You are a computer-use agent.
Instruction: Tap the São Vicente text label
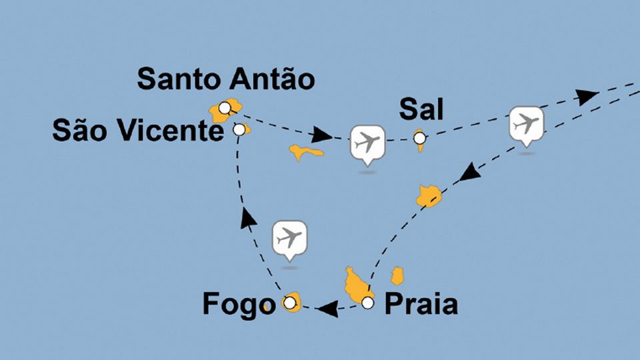click(137, 131)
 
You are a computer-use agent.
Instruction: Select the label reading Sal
click(421, 110)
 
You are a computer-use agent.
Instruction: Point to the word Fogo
click(238, 305)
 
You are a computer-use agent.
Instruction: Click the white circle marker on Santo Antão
click(225, 107)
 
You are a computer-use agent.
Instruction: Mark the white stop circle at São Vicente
click(239, 130)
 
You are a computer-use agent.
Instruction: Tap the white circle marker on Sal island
click(419, 139)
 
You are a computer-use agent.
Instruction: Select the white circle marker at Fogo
click(289, 303)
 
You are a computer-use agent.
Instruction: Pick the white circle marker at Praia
click(368, 303)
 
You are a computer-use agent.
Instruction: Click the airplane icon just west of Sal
click(367, 142)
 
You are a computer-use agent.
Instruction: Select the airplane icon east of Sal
click(527, 123)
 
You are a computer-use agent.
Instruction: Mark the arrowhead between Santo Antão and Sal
click(322, 135)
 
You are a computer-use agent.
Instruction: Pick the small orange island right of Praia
click(397, 275)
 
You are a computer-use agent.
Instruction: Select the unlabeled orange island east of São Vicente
click(305, 153)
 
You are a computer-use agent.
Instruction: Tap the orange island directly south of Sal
click(429, 195)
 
